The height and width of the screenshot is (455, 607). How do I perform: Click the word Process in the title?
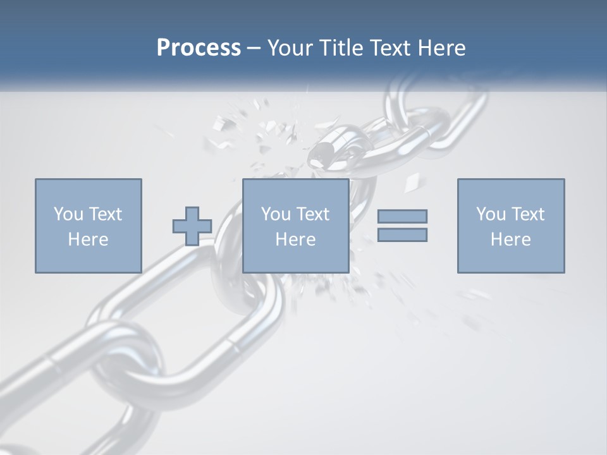tap(199, 48)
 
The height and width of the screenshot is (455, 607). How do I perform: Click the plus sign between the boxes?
tap(192, 226)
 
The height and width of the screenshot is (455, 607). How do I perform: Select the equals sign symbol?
tap(402, 226)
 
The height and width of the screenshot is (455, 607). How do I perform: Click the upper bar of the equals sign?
tap(402, 217)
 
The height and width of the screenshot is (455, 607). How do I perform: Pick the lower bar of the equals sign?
tap(402, 234)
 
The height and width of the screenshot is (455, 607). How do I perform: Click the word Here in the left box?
tap(89, 240)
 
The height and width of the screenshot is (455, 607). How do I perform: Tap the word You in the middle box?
tap(276, 214)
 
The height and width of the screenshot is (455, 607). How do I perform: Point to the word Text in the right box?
tap(527, 214)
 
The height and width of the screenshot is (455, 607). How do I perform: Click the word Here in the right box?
tap(511, 240)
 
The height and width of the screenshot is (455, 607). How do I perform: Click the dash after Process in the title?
tap(254, 48)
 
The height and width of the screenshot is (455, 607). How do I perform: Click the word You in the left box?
tap(68, 214)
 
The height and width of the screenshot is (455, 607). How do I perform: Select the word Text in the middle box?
tap(312, 214)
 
